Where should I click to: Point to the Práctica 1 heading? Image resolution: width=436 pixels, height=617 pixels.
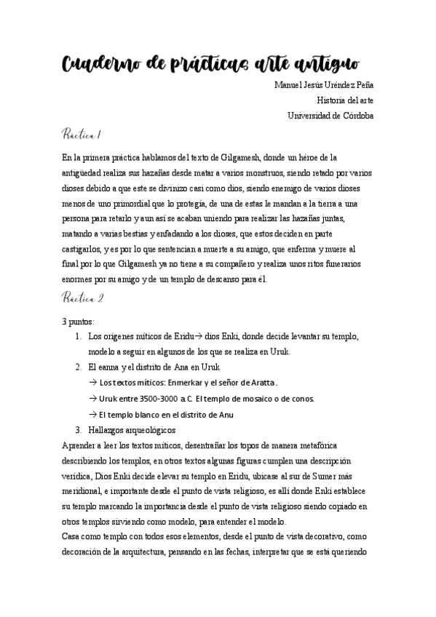82,135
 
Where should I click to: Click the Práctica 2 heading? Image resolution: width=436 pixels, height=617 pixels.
83,298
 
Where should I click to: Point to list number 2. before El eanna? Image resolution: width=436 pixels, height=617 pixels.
79,367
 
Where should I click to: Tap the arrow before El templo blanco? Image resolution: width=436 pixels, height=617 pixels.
92,415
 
